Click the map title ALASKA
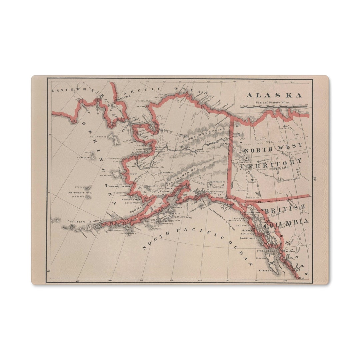tap(274, 95)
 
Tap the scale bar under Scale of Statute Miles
tap(274, 107)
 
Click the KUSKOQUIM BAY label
tap(121, 186)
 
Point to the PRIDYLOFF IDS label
tap(80, 193)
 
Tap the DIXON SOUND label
tap(266, 250)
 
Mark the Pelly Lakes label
tap(279, 169)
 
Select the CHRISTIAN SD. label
tap(249, 238)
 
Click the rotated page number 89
tap(315, 178)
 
